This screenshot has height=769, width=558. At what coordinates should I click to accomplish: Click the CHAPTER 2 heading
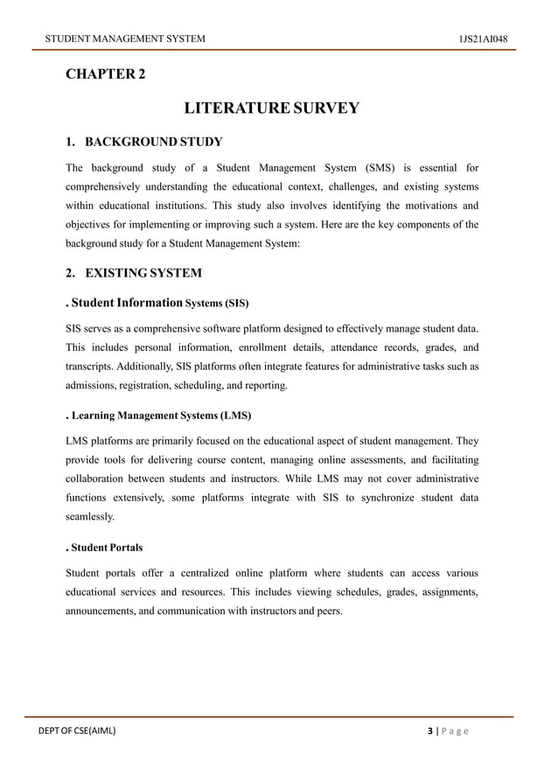[105, 74]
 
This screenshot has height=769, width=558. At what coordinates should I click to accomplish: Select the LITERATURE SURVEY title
[271, 108]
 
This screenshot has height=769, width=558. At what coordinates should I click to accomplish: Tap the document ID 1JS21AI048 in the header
[483, 38]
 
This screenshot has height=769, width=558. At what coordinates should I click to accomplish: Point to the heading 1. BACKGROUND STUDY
[144, 142]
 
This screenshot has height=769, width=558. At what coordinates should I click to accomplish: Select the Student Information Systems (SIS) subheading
[157, 304]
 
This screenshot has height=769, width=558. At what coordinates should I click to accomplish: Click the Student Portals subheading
[104, 548]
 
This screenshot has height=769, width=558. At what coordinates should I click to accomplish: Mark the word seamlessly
[90, 517]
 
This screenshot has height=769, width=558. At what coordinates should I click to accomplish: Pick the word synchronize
[379, 497]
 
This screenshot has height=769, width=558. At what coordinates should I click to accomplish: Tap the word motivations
[422, 206]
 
